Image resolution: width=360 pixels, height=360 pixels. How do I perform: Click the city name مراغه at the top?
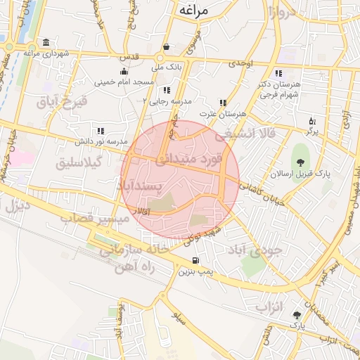[195, 11]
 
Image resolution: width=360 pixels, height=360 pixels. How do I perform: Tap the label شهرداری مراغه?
[47, 52]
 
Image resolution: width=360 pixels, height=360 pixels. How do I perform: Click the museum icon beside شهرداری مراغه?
[46, 41]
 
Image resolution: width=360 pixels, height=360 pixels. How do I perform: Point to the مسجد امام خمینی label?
[124, 82]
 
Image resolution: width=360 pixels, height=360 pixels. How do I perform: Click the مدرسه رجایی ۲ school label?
[167, 101]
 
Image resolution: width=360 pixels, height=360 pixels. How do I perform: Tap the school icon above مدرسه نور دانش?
[101, 131]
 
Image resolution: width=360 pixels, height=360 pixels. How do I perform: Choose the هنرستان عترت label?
[224, 113]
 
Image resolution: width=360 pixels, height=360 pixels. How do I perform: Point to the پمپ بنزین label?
[195, 270]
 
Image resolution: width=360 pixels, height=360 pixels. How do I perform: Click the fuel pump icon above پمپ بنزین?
[194, 260]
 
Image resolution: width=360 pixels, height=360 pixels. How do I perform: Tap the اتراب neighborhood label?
[268, 307]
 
